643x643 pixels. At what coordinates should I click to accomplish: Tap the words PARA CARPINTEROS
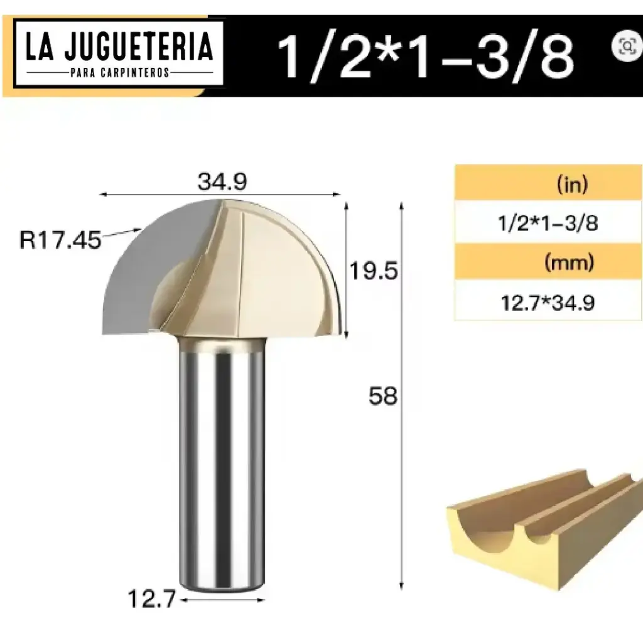[x=119, y=73]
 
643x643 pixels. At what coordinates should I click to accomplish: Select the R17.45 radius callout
[x=60, y=240]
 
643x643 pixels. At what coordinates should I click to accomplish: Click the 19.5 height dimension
[x=374, y=271]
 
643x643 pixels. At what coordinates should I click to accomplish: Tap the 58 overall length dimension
[x=383, y=397]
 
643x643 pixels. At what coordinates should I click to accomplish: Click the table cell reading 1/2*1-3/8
[x=548, y=224]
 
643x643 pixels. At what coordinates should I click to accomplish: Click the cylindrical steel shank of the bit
[x=220, y=465]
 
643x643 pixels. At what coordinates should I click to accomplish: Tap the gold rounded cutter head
[x=276, y=270]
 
